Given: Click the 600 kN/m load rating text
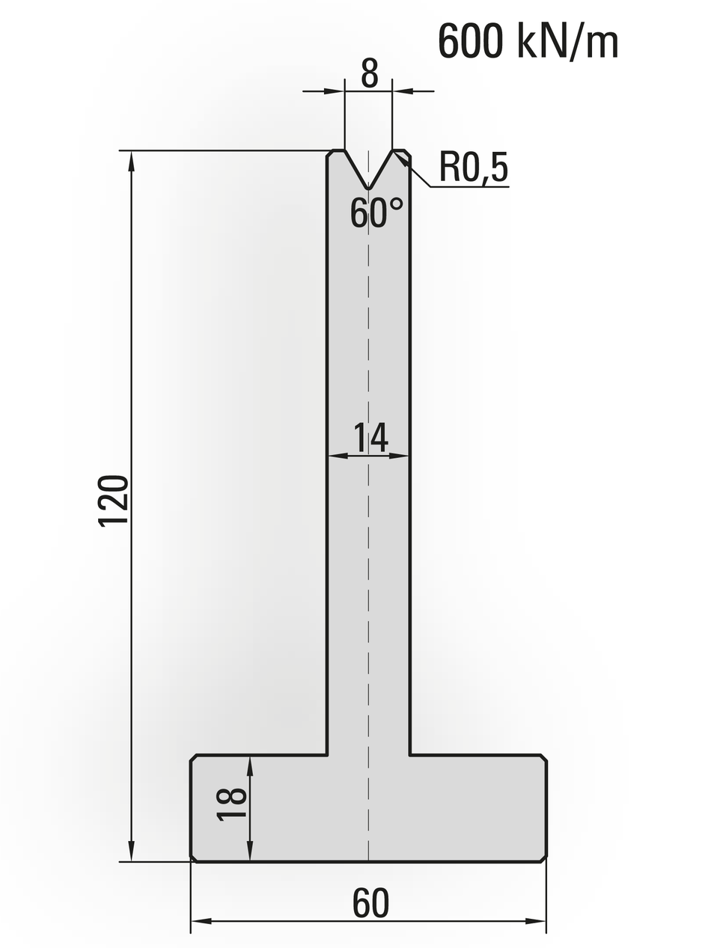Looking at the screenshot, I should click(528, 41).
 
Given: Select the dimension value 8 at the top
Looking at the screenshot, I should click(369, 73).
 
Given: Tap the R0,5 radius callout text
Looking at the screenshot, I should click(473, 167).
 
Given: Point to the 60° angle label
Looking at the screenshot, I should click(376, 213).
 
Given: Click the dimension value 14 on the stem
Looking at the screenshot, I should click(370, 438).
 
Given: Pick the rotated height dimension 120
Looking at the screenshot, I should click(114, 500).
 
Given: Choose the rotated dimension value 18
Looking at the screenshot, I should click(232, 805).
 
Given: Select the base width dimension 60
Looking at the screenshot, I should click(370, 903).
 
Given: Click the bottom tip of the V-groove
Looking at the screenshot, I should click(368, 189).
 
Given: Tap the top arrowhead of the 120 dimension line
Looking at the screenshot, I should click(132, 159).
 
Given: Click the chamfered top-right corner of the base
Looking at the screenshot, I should click(543, 758).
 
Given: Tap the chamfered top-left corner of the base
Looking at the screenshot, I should click(193, 758).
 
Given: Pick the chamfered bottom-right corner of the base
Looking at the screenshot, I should click(543, 858).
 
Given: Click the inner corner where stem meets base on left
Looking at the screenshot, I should click(327, 755).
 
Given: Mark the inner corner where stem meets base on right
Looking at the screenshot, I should click(409, 755).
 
